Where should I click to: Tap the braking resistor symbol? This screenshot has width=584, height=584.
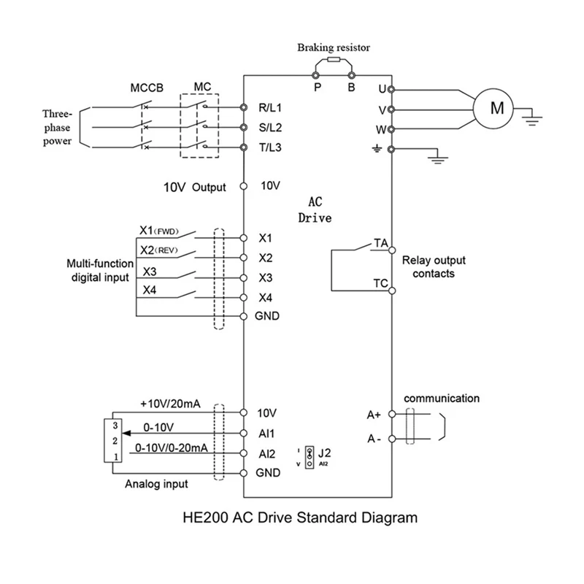click(x=334, y=60)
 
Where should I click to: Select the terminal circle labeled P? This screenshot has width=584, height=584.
click(x=315, y=76)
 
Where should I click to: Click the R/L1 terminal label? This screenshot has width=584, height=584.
click(x=270, y=107)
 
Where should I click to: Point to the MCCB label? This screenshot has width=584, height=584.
click(x=147, y=88)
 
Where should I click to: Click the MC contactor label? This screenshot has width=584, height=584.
click(x=202, y=87)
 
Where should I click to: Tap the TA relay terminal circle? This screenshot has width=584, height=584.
click(x=392, y=250)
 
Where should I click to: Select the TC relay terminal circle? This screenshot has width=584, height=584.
click(x=392, y=291)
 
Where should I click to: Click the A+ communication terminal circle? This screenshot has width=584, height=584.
click(x=392, y=414)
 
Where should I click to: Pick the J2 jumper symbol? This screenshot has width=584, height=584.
click(x=310, y=458)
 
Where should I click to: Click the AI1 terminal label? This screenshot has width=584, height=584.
click(x=266, y=434)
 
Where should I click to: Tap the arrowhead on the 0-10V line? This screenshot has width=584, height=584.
click(x=126, y=433)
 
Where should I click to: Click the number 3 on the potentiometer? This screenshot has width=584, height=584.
click(x=115, y=426)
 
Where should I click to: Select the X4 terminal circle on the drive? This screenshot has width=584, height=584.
click(x=244, y=298)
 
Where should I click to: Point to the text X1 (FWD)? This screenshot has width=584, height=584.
click(x=159, y=231)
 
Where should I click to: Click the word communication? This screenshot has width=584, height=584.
click(x=442, y=399)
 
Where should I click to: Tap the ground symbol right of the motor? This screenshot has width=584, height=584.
click(x=532, y=119)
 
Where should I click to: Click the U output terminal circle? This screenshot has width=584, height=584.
click(x=391, y=89)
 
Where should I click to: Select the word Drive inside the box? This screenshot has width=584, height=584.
click(x=315, y=218)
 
